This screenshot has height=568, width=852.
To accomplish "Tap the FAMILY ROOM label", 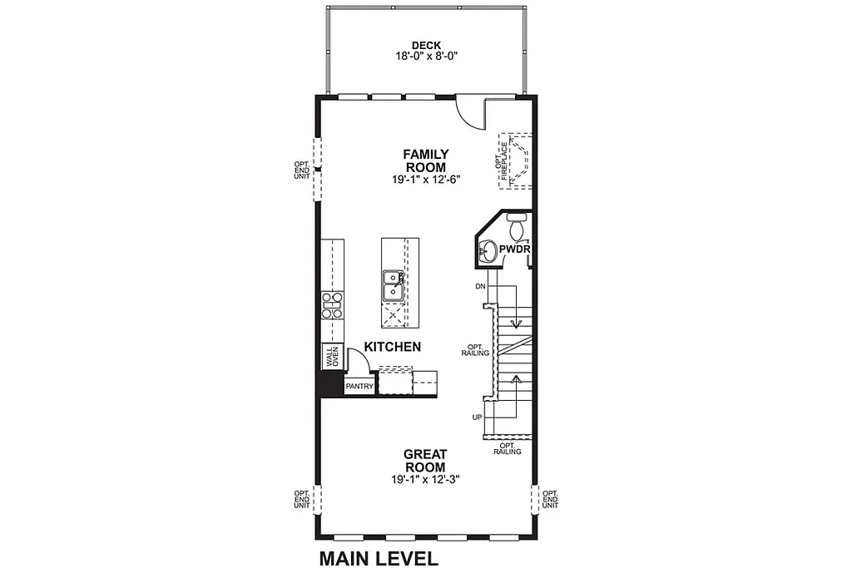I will coord(426,161).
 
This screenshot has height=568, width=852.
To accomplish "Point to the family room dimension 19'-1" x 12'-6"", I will coord(426,179).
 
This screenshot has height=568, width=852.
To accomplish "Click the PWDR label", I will coord(515,249).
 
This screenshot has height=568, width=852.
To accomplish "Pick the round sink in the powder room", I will coord(488,250).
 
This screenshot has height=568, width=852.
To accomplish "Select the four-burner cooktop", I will coord(333,306).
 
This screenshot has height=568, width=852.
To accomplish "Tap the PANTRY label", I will coord(359,386).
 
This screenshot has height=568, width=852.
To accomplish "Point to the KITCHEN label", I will coord(392,347).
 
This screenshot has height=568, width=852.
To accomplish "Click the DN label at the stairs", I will coord(480,286).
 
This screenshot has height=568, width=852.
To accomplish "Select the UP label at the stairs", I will coord(477,416).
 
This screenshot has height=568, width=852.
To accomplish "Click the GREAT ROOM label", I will coord(425,461).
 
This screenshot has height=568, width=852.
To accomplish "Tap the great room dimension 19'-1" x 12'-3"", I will coord(425,480).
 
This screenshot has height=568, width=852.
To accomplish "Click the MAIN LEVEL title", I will coord(379,557).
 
